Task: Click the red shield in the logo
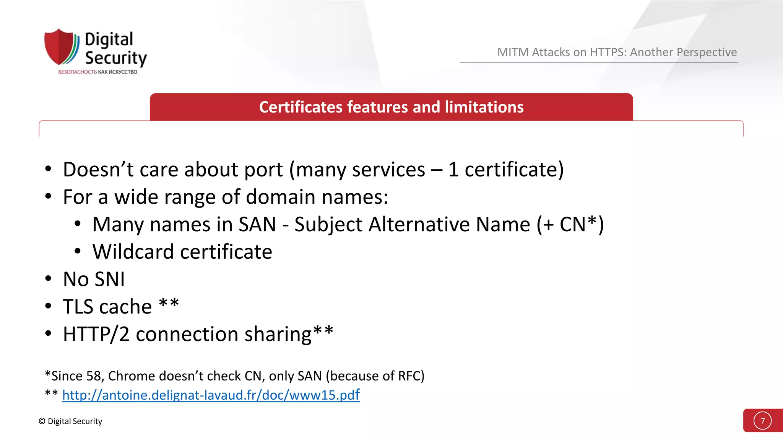[59, 47]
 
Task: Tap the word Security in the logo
[116, 58]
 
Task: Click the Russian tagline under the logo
[97, 72]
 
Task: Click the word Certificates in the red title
[301, 107]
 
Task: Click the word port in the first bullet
[263, 170]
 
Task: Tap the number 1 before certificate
[453, 170]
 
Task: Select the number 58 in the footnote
[93, 376]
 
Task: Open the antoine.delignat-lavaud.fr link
[211, 395]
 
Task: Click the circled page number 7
[762, 421]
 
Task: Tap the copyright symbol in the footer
[42, 421]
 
